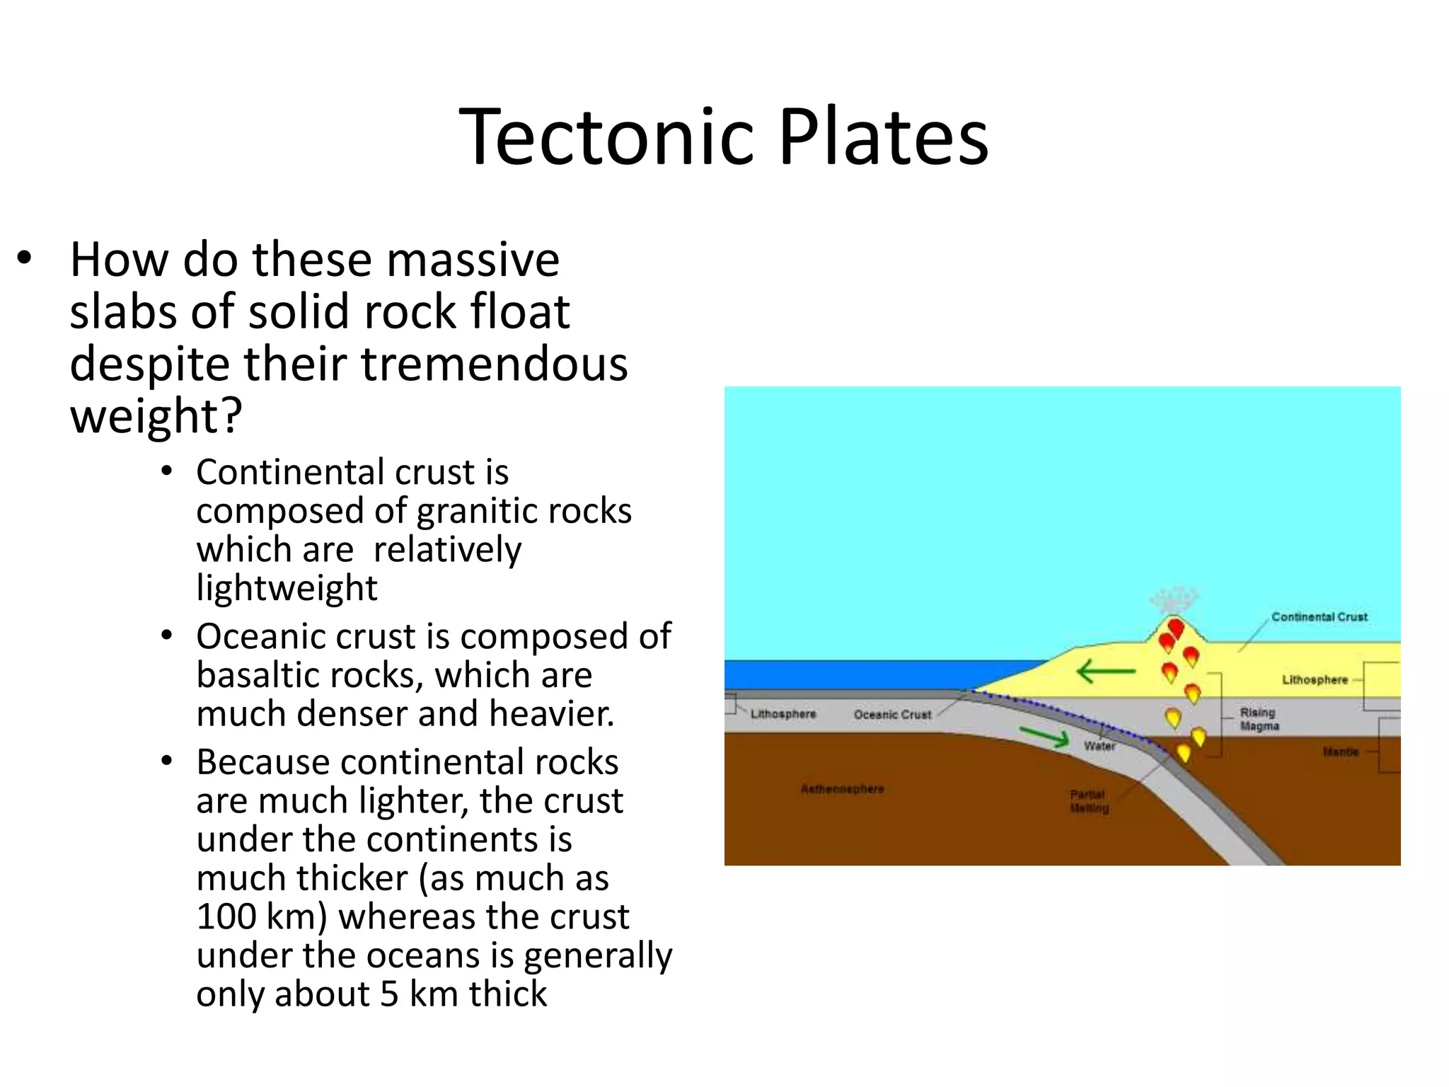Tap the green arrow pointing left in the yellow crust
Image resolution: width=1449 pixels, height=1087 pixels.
1105,671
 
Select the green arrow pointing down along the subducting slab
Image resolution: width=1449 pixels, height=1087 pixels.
1044,737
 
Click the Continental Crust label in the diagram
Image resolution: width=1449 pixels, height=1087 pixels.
1319,617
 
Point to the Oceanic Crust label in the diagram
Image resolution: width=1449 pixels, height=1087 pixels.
892,715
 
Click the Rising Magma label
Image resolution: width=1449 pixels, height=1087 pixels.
1259,719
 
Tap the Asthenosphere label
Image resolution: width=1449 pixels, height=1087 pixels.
842,789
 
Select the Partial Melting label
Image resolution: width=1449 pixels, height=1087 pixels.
1089,801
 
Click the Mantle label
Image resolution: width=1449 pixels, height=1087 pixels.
1340,752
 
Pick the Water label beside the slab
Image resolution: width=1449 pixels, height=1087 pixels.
1099,746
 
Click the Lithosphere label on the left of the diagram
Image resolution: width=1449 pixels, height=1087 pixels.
783,714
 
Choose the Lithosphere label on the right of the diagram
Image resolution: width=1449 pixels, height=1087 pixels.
1315,680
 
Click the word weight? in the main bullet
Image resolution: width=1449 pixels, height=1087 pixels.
156,416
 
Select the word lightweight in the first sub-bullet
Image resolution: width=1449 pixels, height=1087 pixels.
287,588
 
